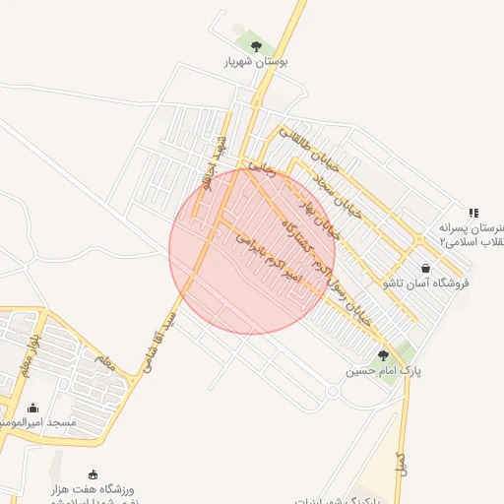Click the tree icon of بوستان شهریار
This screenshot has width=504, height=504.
pos(257,45)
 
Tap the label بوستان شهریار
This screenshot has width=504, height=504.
pos(256,62)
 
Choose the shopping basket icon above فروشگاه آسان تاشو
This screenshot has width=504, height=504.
pos(425,268)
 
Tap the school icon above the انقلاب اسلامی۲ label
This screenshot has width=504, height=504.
pos(473,213)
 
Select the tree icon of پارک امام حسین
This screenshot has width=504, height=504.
pos(383,355)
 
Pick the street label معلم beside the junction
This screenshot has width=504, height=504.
pos(105,361)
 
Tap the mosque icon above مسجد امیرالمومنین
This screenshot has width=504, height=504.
pos(32,408)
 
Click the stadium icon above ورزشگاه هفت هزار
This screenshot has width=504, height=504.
pos(94,474)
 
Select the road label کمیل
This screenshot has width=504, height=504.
pos(401,464)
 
